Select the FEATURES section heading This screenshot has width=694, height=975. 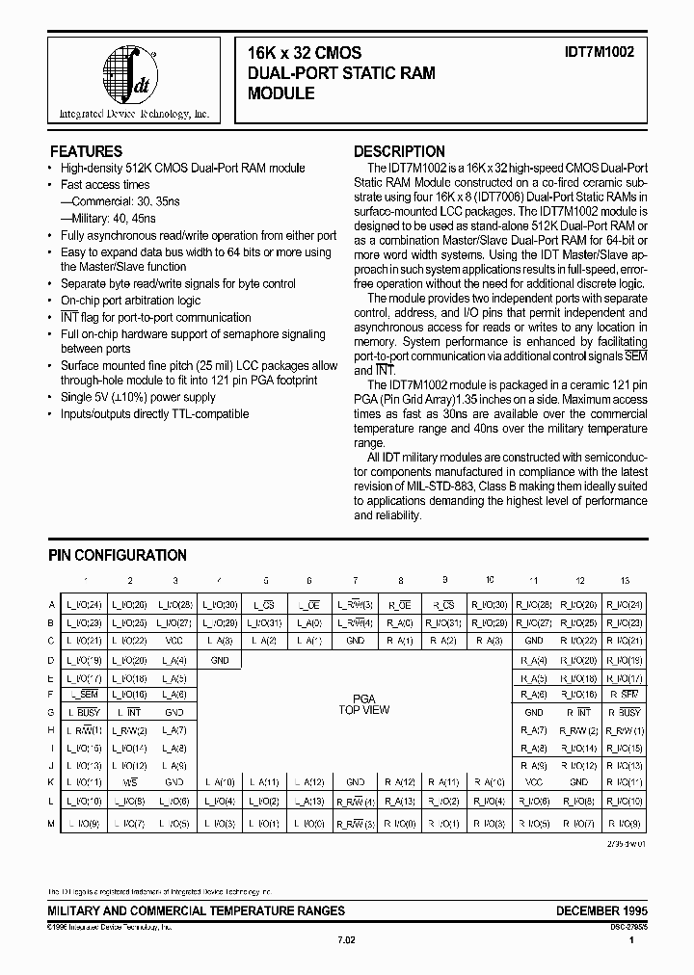86,151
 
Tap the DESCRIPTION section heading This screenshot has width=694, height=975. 399,151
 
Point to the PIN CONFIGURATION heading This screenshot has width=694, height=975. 118,556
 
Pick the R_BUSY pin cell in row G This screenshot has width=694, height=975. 623,712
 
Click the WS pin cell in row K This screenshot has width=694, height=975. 129,782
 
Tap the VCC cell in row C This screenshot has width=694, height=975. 173,641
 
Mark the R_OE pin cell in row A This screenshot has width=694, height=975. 399,605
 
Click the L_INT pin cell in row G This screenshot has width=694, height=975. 129,712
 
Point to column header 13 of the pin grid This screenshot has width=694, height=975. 624,581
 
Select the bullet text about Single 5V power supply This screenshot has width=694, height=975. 138,398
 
